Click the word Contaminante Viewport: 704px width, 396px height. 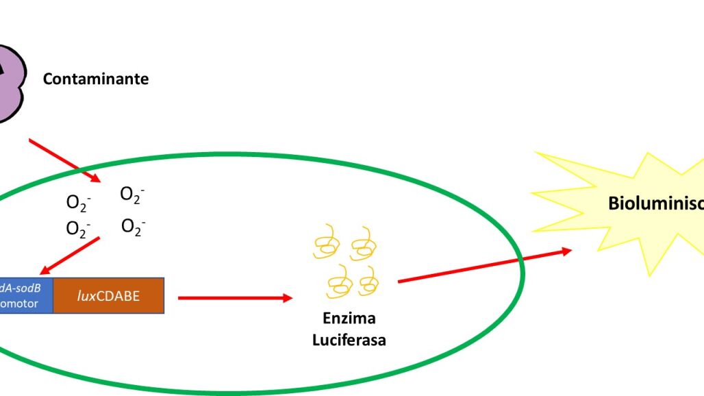coord(95,79)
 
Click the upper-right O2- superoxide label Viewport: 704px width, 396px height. coord(132,195)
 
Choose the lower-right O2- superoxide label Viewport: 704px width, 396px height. coord(133,226)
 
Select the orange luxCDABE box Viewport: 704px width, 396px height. coord(108,296)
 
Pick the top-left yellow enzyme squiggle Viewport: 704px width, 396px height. coord(327,241)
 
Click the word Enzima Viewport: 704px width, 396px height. coord(349,319)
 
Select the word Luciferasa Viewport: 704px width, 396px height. coord(349,339)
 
